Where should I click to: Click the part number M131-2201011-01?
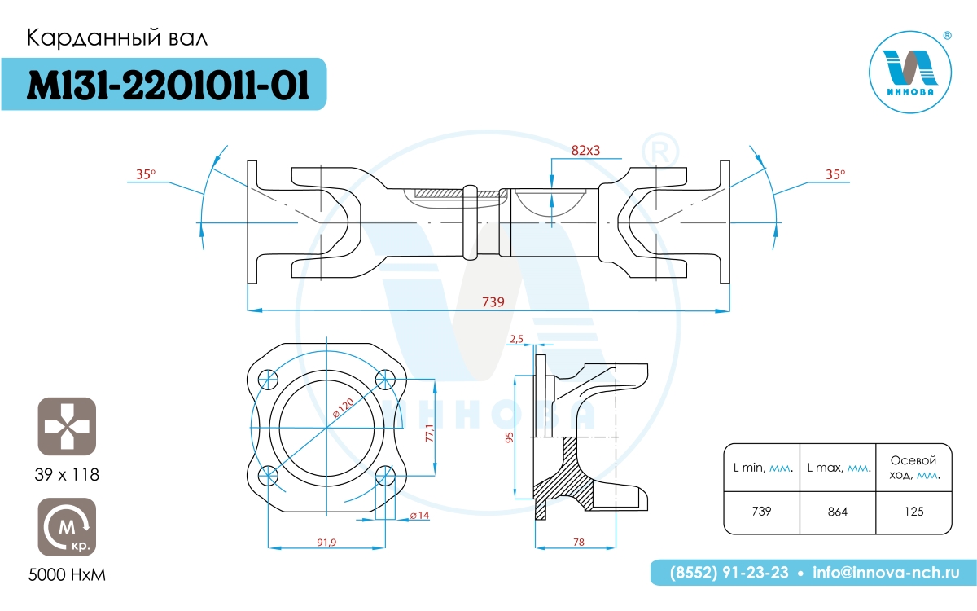168,85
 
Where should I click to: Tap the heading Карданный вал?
117,38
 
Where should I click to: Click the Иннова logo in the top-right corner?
910,73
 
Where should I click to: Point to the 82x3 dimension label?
585,150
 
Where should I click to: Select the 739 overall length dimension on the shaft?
493,301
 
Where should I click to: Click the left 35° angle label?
145,174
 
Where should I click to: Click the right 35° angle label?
835,174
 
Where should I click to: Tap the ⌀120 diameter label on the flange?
344,408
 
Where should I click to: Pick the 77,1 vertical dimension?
430,433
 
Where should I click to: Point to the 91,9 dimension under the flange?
326,543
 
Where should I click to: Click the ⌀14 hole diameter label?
419,516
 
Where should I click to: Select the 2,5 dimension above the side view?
516,339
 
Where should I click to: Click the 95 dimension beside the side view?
509,437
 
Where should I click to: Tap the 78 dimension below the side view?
578,542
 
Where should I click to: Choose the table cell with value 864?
838,512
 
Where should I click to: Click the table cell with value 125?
913,512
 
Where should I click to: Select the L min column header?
762,468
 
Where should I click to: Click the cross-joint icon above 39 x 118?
67,426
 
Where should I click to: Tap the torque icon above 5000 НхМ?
67,527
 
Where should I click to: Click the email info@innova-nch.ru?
886,573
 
